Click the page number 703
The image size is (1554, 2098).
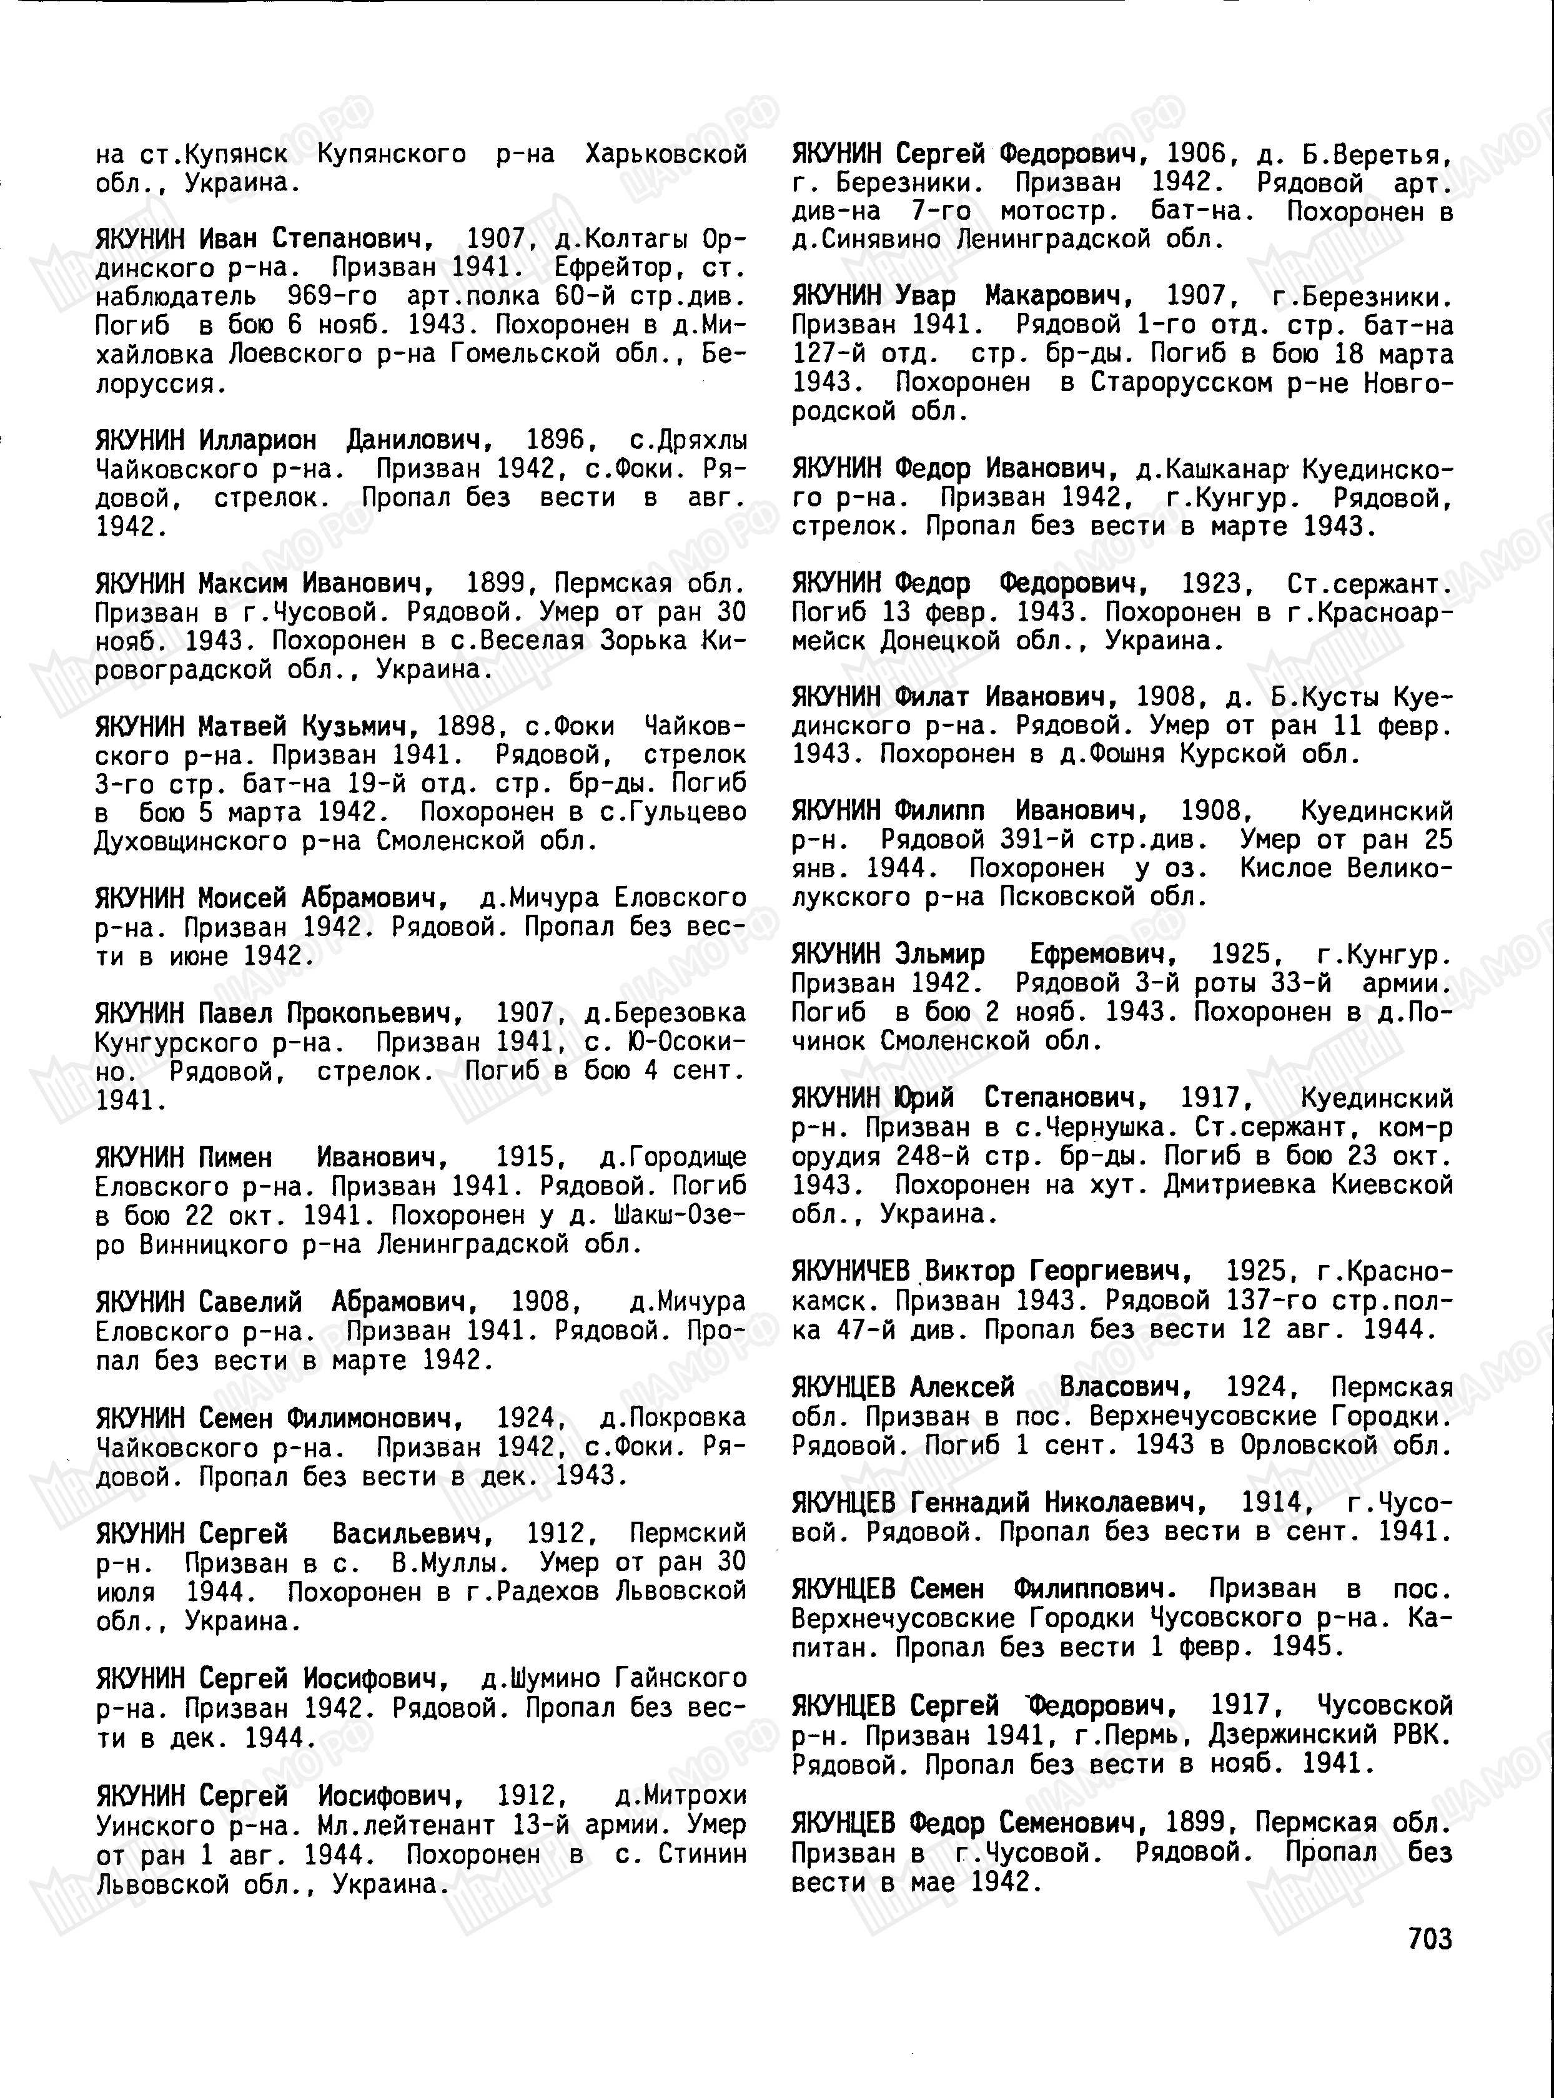(x=1430, y=1938)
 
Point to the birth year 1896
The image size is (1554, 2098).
(x=555, y=440)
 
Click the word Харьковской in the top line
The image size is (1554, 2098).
(x=665, y=153)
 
